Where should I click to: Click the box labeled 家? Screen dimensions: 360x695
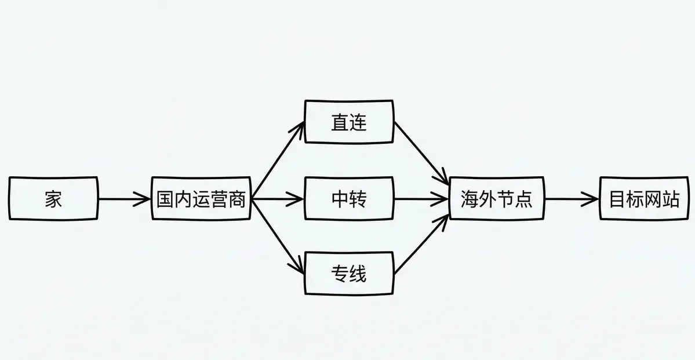(x=53, y=199)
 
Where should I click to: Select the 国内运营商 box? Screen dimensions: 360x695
(x=201, y=199)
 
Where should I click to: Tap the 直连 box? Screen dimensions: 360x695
(x=349, y=122)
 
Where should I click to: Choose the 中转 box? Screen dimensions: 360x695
(x=349, y=199)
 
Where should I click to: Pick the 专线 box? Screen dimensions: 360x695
(x=349, y=272)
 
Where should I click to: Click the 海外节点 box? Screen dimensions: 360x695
(x=496, y=199)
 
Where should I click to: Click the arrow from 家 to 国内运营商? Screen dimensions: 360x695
(x=124, y=199)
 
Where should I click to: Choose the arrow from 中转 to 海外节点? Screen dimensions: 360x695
(x=421, y=199)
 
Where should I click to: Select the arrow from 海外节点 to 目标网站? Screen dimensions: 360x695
(x=571, y=199)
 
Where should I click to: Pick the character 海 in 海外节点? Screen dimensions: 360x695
(x=469, y=199)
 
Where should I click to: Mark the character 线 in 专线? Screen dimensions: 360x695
(x=358, y=272)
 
